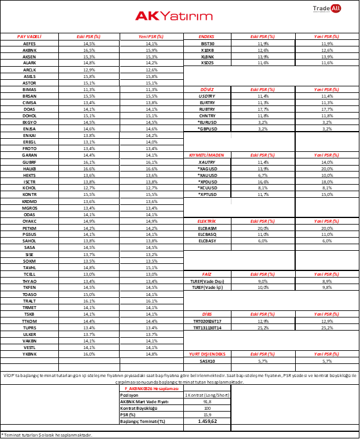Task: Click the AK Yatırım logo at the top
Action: coord(179,16)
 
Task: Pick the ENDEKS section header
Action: coord(207,36)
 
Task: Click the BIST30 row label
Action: coord(207,43)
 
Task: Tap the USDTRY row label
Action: coord(207,95)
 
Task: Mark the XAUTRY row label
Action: coord(207,161)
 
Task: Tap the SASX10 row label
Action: coord(207,361)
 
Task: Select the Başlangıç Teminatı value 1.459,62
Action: coord(207,421)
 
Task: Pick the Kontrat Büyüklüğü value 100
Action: coord(207,407)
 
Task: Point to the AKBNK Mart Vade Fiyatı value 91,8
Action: coord(207,401)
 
